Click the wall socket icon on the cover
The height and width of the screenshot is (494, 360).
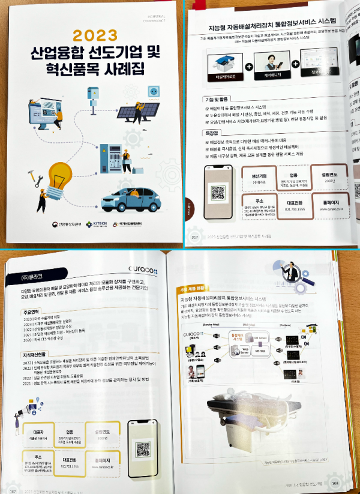coord(152,91)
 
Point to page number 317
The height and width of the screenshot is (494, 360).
coord(194,236)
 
